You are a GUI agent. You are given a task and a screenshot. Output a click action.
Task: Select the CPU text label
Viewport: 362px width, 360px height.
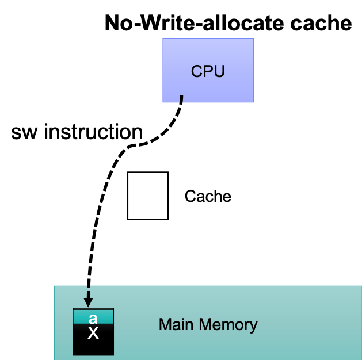pos(208,72)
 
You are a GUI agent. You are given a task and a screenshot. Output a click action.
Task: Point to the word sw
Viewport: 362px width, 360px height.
pos(25,132)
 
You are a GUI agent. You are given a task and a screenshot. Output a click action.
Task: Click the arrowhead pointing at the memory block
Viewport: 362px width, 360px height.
pos(89,302)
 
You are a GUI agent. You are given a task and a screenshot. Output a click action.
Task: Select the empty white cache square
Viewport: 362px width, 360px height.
pos(148,196)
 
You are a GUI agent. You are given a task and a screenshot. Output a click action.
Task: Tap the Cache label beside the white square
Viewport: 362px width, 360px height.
pos(208,196)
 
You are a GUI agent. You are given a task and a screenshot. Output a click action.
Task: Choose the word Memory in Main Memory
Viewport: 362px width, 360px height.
pos(228,325)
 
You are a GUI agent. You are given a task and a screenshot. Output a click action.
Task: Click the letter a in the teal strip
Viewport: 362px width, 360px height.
pos(93,317)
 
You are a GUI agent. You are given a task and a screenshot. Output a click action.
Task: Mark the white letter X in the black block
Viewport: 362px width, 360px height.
pos(93,333)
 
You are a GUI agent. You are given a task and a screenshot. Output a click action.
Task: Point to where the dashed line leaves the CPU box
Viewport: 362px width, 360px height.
pos(182,98)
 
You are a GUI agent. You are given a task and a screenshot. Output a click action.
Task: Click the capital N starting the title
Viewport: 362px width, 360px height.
pos(112,24)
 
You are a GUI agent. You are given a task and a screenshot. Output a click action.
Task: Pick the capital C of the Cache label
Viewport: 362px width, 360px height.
pos(189,196)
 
